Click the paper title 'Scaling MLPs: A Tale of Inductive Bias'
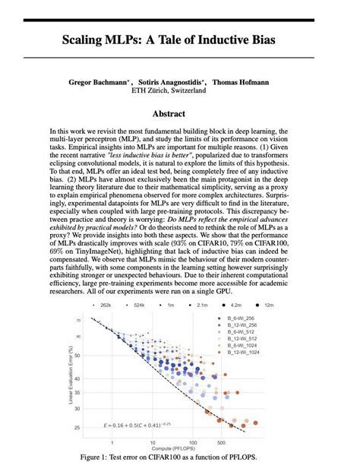coord(179,40)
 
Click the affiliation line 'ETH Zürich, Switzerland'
coord(179,90)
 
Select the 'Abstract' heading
coord(179,114)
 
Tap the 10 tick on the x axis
coord(153,442)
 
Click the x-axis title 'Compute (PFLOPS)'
coord(179,449)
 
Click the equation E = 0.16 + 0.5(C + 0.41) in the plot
coord(141,424)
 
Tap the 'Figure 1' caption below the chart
coord(179,457)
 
